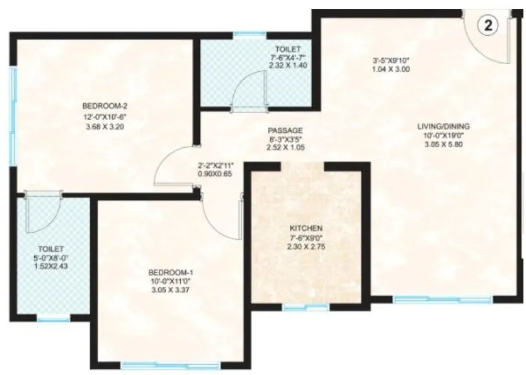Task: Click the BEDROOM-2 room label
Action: (x=100, y=106)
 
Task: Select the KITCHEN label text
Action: (x=307, y=228)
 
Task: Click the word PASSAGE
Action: (x=286, y=129)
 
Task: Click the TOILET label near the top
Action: (x=286, y=48)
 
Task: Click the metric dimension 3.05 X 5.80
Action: (x=444, y=146)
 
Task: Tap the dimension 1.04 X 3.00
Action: (x=392, y=70)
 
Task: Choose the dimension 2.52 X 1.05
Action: (x=286, y=148)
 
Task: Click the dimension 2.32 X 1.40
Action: (x=286, y=66)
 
